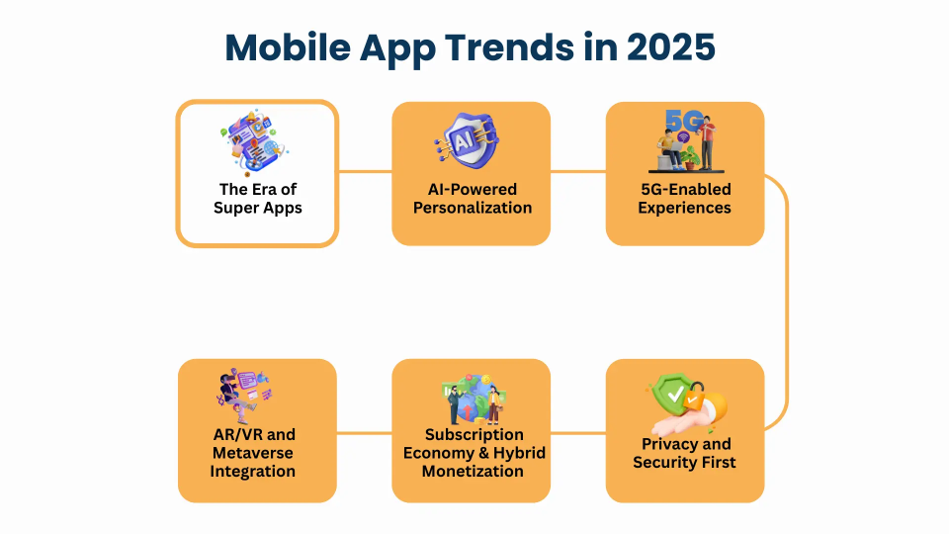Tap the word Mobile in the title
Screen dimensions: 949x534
pyautogui.click(x=288, y=47)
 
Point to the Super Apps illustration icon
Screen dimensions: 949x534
pyautogui.click(x=254, y=142)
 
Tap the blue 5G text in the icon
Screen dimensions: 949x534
pyautogui.click(x=684, y=120)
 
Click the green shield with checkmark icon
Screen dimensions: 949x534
pyautogui.click(x=673, y=395)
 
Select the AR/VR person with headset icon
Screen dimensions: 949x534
pyautogui.click(x=244, y=395)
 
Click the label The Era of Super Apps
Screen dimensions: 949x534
pyautogui.click(x=258, y=199)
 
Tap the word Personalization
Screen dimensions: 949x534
pyautogui.click(x=473, y=208)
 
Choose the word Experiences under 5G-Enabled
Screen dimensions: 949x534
pyautogui.click(x=684, y=208)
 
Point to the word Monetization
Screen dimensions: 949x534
pyautogui.click(x=473, y=471)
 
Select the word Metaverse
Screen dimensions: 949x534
pyautogui.click(x=253, y=453)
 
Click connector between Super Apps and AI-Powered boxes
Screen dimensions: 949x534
pyautogui.click(x=365, y=171)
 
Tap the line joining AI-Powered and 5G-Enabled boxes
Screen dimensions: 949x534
pyautogui.click(x=578, y=171)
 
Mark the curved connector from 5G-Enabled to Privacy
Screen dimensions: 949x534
pyautogui.click(x=787, y=303)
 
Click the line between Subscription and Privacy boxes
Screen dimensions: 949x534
pyautogui.click(x=578, y=433)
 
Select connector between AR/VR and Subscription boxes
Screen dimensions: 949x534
pyautogui.click(x=365, y=433)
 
